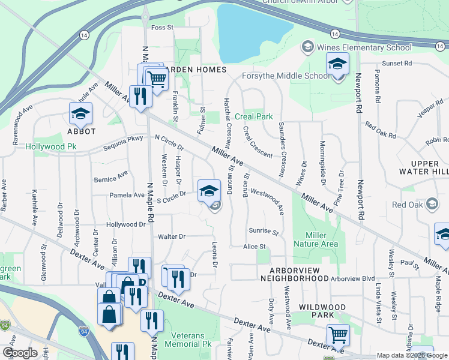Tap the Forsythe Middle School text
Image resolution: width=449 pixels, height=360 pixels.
tap(286, 76)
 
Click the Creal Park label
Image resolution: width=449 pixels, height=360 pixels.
tap(254, 116)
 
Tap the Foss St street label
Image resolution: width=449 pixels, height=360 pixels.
tap(162, 28)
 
